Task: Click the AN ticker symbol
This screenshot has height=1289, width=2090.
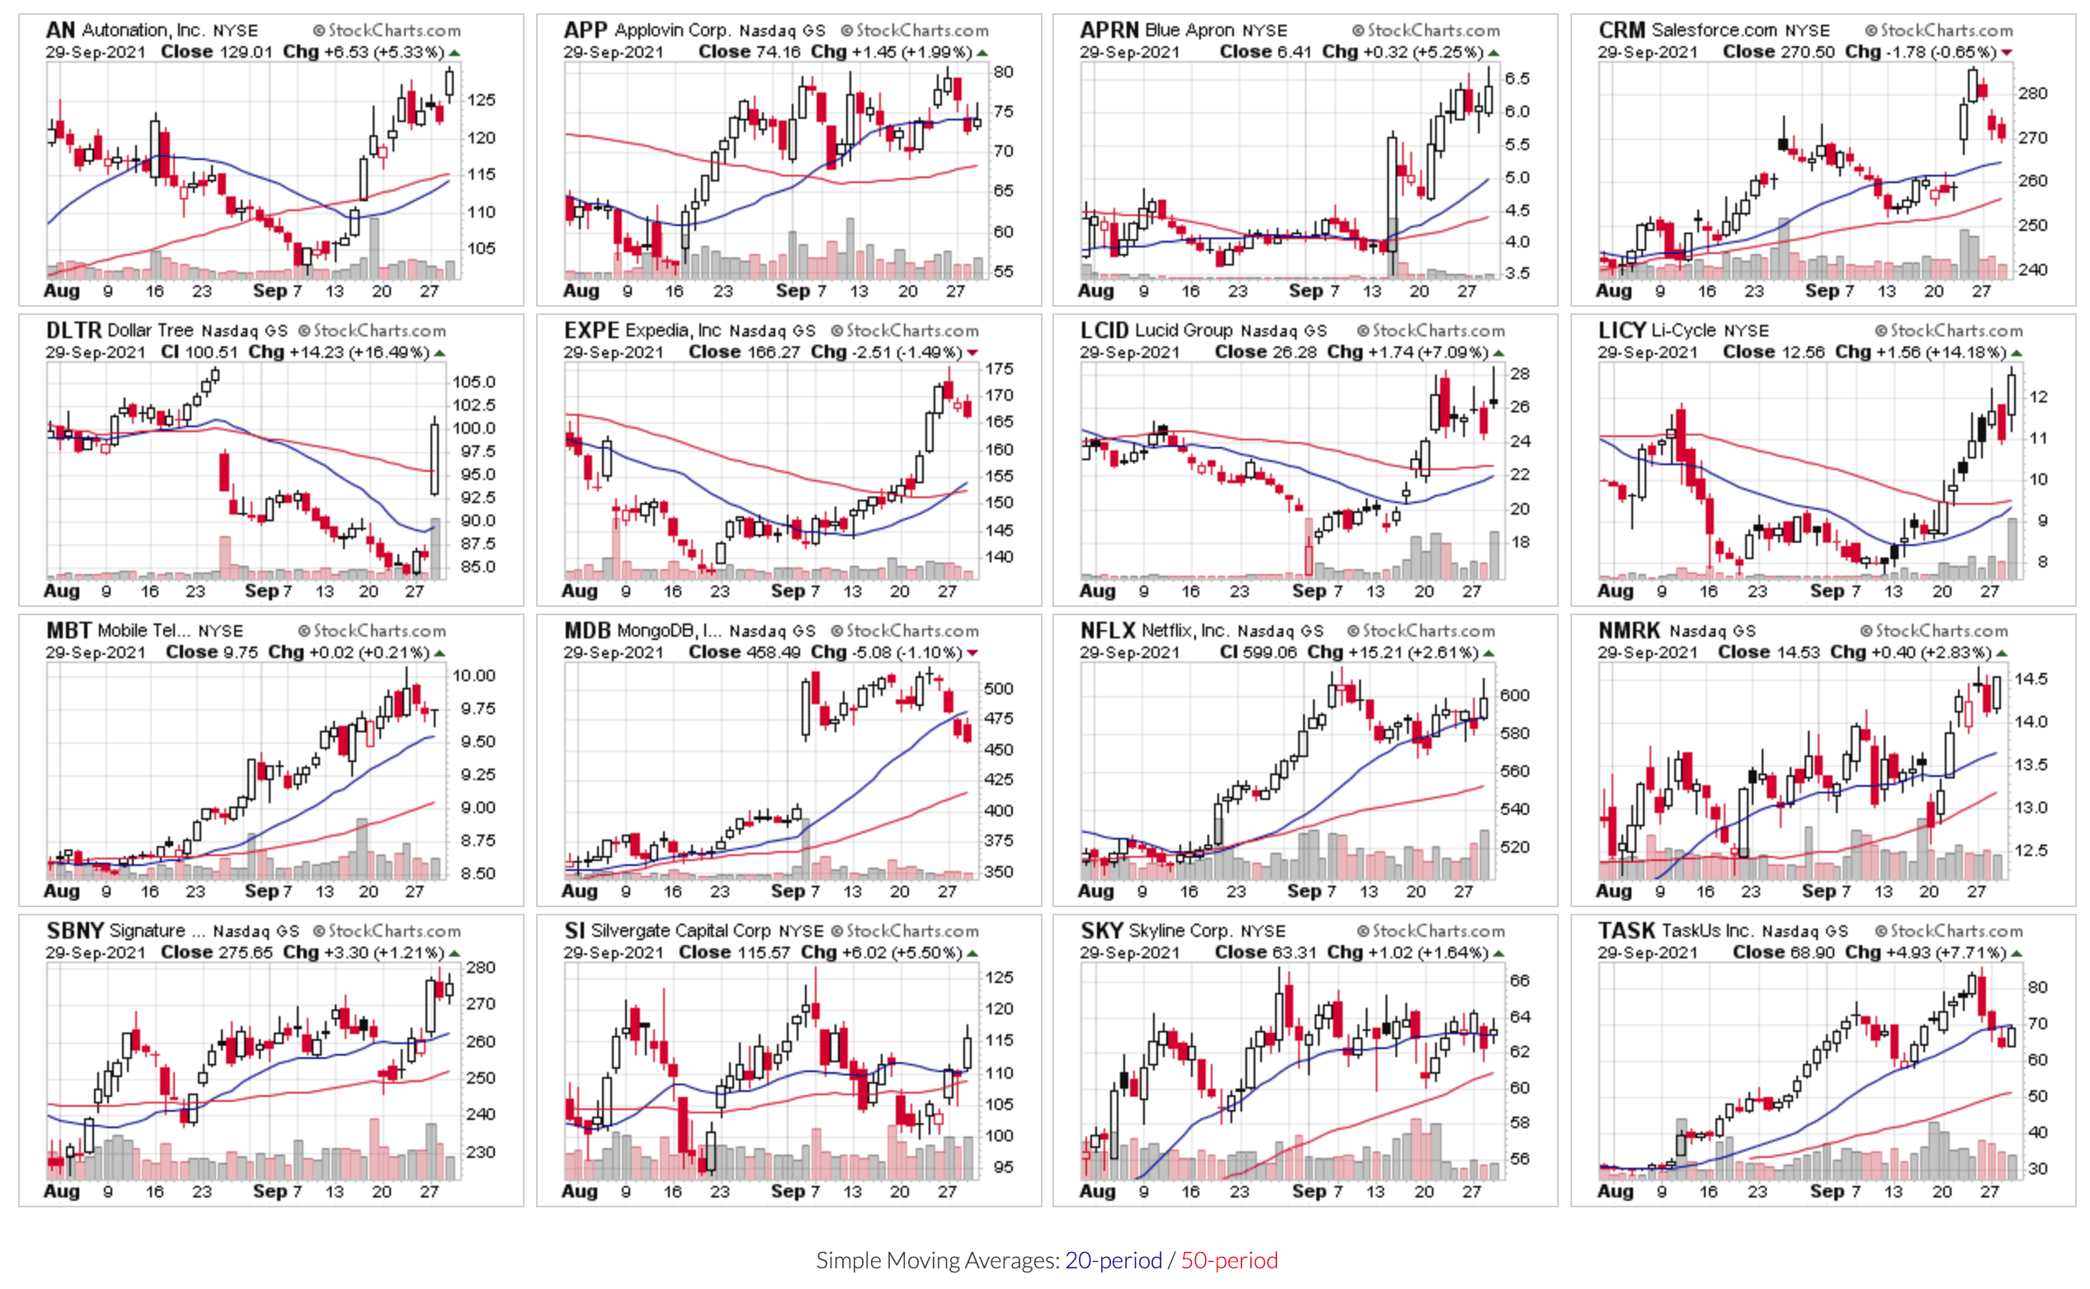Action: (60, 30)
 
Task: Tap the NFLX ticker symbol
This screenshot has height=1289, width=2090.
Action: (1107, 630)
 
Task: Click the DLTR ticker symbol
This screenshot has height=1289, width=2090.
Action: (73, 330)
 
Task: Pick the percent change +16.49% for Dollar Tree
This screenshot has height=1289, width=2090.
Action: (393, 352)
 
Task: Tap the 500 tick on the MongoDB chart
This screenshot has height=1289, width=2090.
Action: (998, 688)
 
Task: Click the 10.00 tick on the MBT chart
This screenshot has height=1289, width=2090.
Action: (473, 675)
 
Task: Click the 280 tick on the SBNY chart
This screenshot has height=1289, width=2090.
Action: (481, 967)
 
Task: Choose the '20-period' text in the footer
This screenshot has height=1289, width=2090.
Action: (1113, 1260)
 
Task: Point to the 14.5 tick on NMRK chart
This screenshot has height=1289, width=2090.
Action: (2031, 679)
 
